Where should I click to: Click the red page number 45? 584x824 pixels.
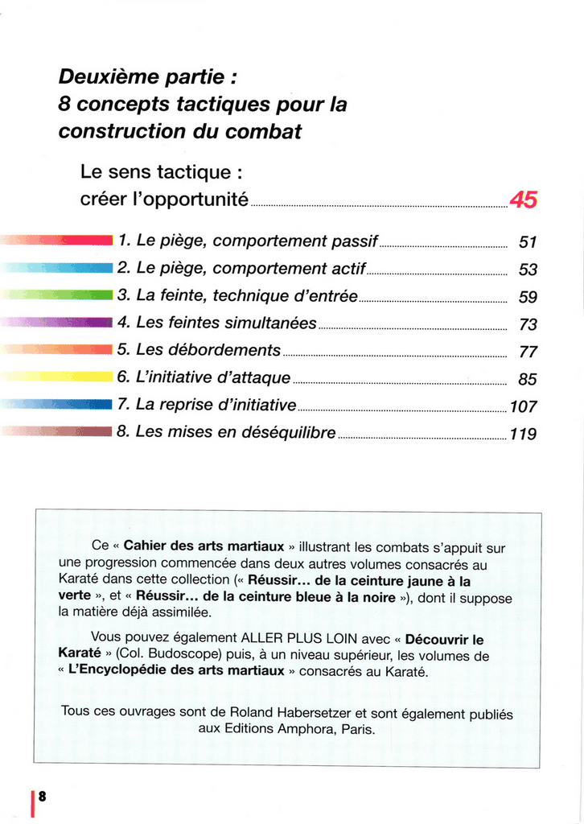coord(523,200)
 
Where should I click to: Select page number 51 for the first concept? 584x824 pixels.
coord(528,242)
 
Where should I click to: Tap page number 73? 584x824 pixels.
coord(528,325)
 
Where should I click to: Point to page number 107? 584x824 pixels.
coord(523,407)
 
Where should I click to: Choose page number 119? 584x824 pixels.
coord(523,435)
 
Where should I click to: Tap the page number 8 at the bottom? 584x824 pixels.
coord(42,796)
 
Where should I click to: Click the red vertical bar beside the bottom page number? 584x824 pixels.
coord(32,802)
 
